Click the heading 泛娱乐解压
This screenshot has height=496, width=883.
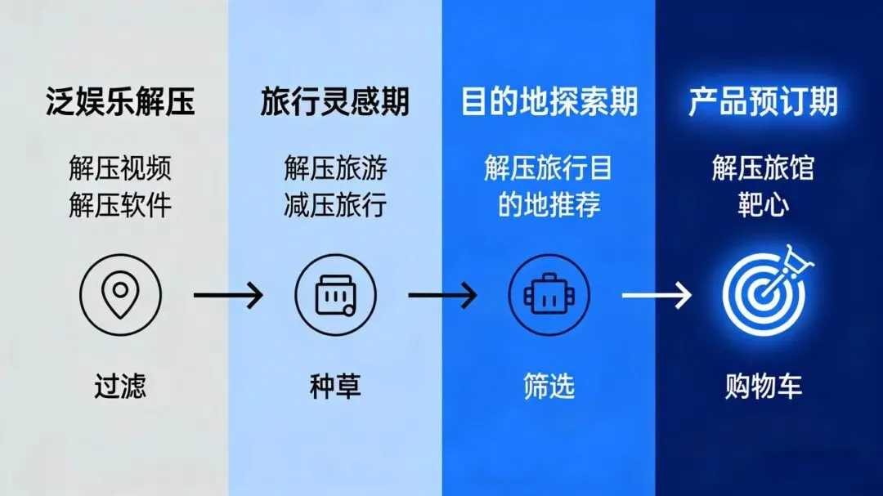pyautogui.click(x=120, y=104)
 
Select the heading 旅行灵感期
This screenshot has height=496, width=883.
pyautogui.click(x=335, y=104)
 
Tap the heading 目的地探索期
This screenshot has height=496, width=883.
pyautogui.click(x=549, y=104)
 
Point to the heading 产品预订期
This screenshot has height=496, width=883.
pyautogui.click(x=763, y=104)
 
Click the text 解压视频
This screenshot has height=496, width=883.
pyautogui.click(x=120, y=170)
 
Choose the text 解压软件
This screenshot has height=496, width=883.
pyautogui.click(x=120, y=204)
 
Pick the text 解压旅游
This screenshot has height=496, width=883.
pyautogui.click(x=335, y=170)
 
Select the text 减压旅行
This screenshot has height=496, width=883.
pyautogui.click(x=335, y=204)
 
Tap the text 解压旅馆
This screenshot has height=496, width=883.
pyautogui.click(x=763, y=170)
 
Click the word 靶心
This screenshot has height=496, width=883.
pyautogui.click(x=763, y=204)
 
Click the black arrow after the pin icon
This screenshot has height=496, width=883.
pyautogui.click(x=228, y=294)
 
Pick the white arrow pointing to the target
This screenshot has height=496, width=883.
pyautogui.click(x=657, y=294)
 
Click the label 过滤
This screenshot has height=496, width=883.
pyautogui.click(x=120, y=386)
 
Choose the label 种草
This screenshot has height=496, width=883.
pyautogui.click(x=335, y=386)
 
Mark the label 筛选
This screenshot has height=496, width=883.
pyautogui.click(x=549, y=386)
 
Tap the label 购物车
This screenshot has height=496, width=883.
pyautogui.click(x=763, y=386)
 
